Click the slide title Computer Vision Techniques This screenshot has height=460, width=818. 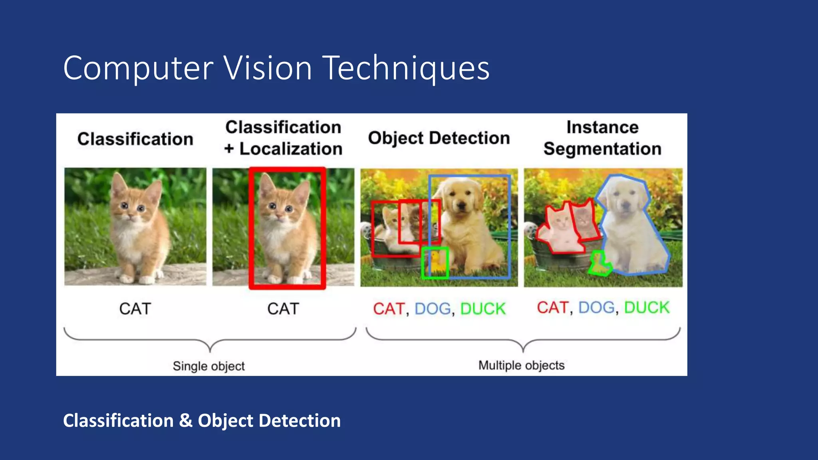coord(276,68)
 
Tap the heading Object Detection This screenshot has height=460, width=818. coord(439,138)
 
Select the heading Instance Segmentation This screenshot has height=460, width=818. coord(602,138)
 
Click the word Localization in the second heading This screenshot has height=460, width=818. coord(291,149)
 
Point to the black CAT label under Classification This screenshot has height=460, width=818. coord(135,309)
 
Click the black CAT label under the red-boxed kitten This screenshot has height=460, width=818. coord(283,309)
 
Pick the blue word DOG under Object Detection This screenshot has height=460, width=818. coord(433,309)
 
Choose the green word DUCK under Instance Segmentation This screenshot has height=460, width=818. coord(646,307)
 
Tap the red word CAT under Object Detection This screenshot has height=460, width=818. coord(389,309)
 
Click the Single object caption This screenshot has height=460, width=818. coord(208,366)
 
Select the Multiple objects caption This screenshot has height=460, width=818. coord(521,365)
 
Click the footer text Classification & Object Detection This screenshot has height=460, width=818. coord(202,420)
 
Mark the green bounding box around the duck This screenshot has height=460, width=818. coord(435,262)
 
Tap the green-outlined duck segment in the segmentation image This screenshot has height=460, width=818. coord(599,264)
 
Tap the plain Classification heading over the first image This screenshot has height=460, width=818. coord(135,139)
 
